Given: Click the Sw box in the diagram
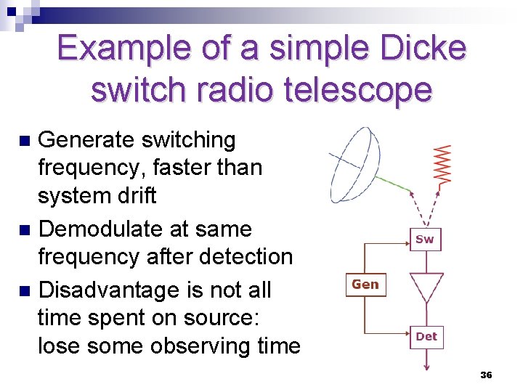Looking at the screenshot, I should pos(425,239).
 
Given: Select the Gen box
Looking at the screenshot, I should pos(365,285).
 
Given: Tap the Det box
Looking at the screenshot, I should pos(426,336).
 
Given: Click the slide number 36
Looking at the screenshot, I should pos(486,375).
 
